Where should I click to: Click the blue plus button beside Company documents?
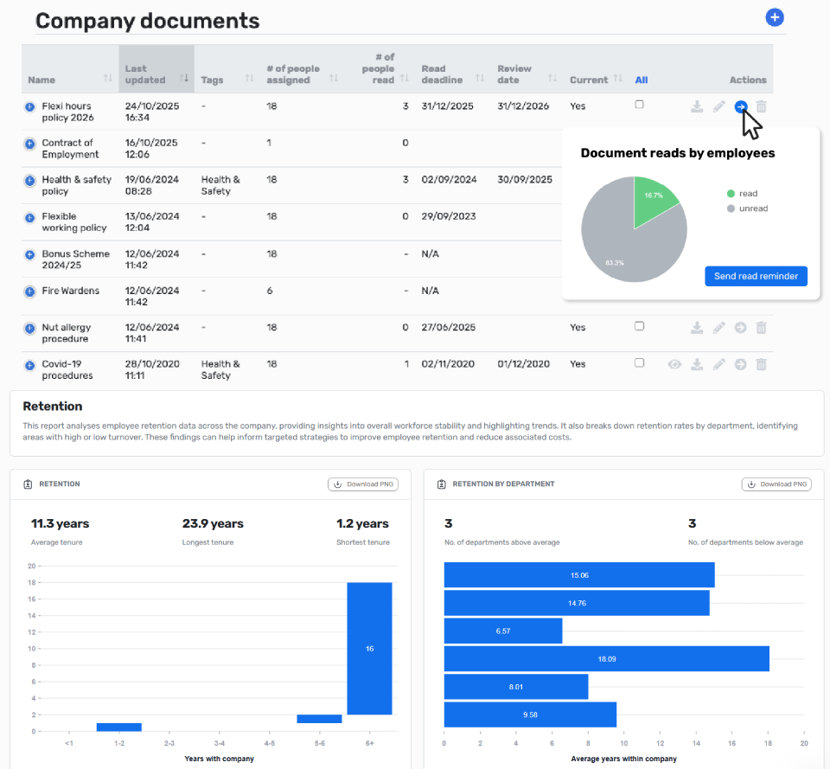click(x=775, y=17)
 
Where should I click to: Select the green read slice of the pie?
click(x=651, y=199)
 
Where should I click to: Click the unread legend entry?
click(x=747, y=208)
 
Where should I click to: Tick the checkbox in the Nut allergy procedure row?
click(x=640, y=326)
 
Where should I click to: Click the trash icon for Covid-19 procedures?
click(x=761, y=364)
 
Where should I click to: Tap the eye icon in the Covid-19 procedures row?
click(x=674, y=364)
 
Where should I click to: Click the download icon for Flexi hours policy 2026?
click(x=697, y=107)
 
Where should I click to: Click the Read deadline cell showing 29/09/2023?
click(x=449, y=216)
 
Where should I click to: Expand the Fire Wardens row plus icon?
click(x=30, y=292)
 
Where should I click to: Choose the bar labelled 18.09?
click(x=607, y=659)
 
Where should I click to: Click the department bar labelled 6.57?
click(x=503, y=631)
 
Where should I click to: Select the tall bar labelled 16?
click(x=369, y=649)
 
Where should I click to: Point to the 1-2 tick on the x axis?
click(x=119, y=744)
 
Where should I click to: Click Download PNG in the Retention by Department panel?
click(x=776, y=484)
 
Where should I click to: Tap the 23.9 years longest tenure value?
click(x=213, y=524)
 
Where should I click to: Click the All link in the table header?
click(x=641, y=80)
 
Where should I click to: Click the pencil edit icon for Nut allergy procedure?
click(x=718, y=328)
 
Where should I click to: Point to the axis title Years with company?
click(x=219, y=759)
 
